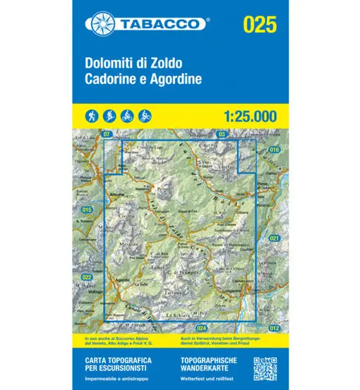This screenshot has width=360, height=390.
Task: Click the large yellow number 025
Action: (x=259, y=25)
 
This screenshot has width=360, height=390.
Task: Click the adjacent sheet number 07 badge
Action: (x=107, y=134)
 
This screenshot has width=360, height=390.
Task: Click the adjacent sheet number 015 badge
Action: (x=87, y=210)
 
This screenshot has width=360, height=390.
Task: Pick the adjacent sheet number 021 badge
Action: (x=275, y=239)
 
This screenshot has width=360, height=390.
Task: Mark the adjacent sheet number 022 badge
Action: (x=87, y=277)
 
